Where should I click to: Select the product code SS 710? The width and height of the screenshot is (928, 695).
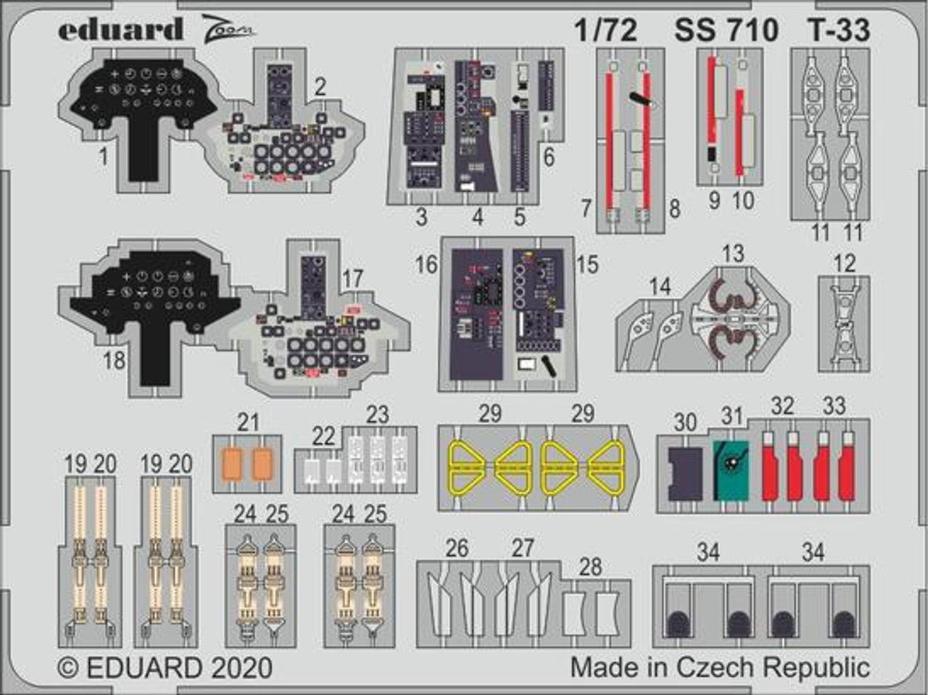coord(726,30)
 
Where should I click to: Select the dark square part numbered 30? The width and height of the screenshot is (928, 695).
coord(684,473)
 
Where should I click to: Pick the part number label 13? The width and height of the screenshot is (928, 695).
coord(733,254)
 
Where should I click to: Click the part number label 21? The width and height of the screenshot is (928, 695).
coord(248,423)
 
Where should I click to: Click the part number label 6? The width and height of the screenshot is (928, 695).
coord(548,156)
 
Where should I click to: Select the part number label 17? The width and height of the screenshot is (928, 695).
coord(352,278)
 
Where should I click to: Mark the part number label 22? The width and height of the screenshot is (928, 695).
coord(324,436)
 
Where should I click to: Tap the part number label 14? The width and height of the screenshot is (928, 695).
coord(659,286)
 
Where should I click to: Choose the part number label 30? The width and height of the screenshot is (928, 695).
coord(684,422)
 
